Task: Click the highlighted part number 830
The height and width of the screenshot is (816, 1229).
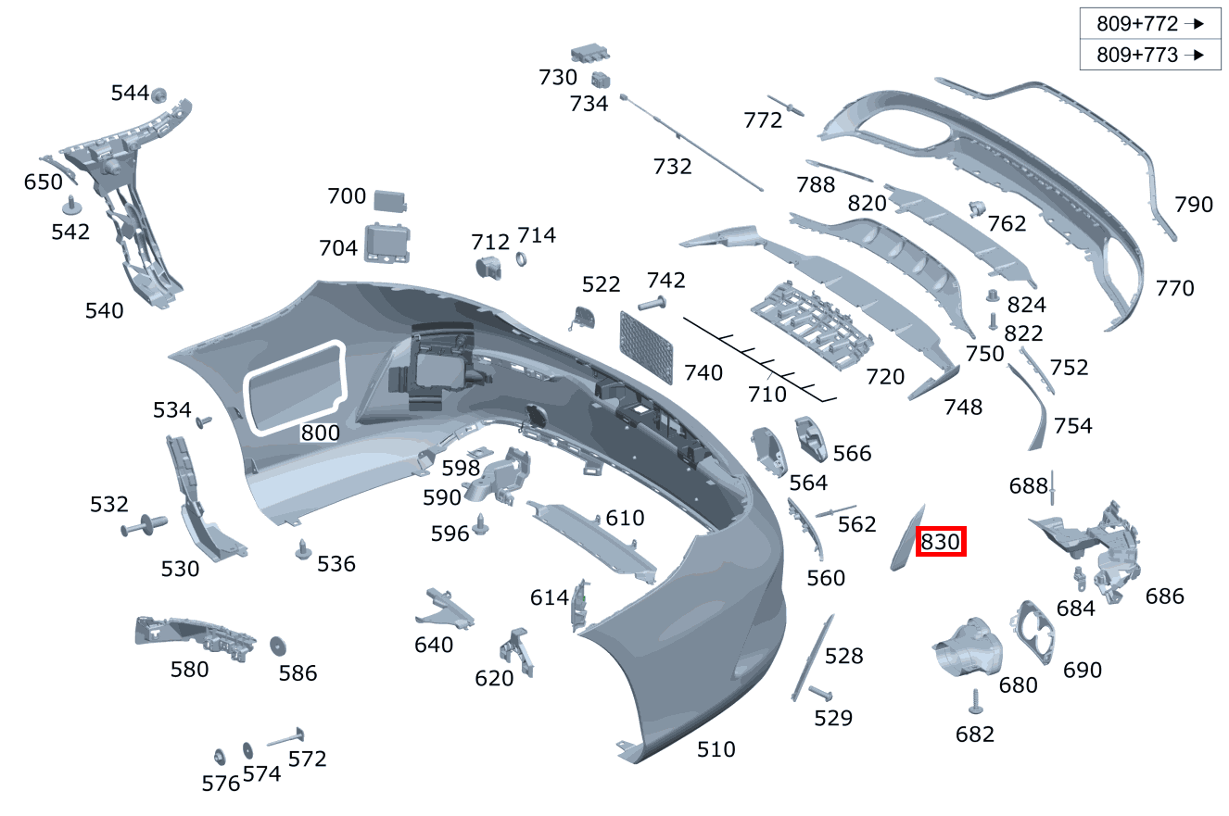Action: point(941,542)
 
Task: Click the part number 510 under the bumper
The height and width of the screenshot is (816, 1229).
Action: point(716,748)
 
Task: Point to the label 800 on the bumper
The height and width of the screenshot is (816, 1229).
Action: point(321,433)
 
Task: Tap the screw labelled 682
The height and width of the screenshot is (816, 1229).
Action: point(975,702)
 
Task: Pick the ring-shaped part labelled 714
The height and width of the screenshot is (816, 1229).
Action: point(521,259)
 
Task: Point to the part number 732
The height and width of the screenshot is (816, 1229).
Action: point(672,167)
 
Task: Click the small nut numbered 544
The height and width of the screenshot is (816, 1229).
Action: point(159,94)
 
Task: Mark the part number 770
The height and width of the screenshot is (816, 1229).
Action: point(1174,288)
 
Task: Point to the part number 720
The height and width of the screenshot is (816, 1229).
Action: point(884,376)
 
